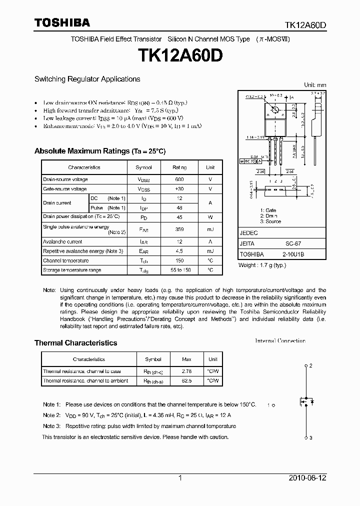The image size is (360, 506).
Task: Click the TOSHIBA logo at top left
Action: (62, 22)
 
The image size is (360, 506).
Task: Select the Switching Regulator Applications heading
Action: (87, 79)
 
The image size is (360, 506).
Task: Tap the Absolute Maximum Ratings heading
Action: (99, 151)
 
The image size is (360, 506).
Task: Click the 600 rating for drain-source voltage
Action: (179, 179)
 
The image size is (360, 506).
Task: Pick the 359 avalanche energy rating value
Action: (179, 229)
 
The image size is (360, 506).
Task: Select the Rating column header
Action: (179, 167)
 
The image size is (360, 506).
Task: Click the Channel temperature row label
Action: (65, 260)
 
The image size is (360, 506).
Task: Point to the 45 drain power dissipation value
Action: (179, 217)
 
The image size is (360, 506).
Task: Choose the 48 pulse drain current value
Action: (179, 207)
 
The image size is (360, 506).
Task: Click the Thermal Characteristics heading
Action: (75, 343)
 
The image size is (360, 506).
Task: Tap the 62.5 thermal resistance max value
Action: (186, 381)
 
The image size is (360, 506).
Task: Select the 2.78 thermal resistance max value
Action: (186, 371)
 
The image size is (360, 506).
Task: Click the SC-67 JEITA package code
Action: (293, 243)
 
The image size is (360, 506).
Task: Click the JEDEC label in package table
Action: (249, 233)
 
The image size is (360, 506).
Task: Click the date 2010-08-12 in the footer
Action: (307, 478)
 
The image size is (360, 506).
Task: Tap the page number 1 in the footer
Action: (179, 478)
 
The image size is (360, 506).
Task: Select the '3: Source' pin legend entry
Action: (270, 221)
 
